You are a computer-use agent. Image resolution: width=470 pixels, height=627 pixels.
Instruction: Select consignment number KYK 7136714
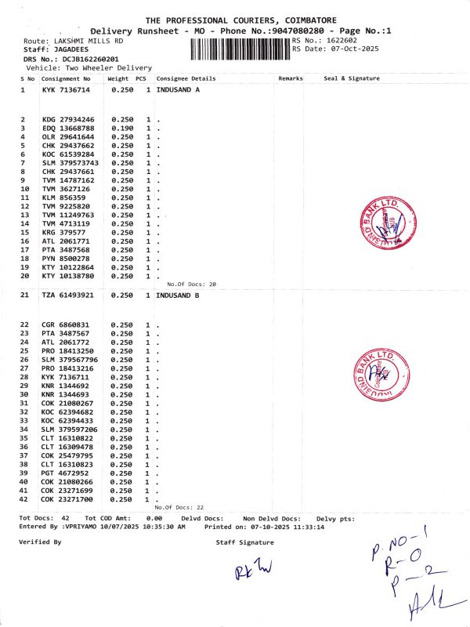tap(66, 90)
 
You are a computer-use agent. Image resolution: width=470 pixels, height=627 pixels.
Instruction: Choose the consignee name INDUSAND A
tap(178, 90)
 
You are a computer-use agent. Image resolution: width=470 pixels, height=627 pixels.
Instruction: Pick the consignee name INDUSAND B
tap(178, 295)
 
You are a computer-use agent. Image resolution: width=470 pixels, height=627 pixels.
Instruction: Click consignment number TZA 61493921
tap(68, 295)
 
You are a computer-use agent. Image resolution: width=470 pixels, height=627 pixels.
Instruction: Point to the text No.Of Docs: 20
tap(191, 284)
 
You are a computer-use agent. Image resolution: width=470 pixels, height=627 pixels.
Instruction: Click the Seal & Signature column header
tap(351, 78)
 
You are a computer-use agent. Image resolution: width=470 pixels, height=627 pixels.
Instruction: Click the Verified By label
tap(39, 542)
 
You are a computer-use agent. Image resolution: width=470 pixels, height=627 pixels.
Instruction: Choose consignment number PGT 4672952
tap(66, 473)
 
